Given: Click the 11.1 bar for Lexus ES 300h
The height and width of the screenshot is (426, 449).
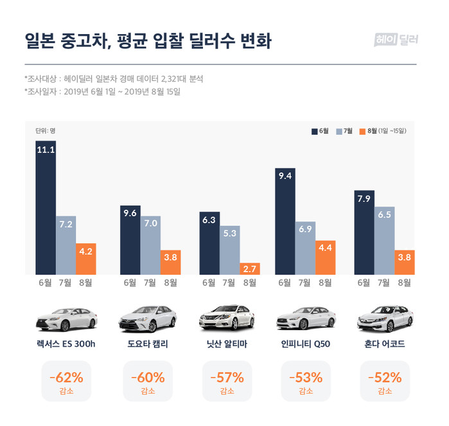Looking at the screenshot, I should coord(46,208).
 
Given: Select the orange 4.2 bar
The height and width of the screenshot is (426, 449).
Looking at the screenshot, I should coord(85,258).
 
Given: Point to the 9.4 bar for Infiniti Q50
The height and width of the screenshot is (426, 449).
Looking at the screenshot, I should coord(285,221).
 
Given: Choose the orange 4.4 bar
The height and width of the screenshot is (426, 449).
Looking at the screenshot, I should coord(325,257).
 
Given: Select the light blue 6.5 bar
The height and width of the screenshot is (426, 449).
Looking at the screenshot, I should coord(384,241).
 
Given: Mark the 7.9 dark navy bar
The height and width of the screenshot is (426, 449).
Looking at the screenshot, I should coord(364,232).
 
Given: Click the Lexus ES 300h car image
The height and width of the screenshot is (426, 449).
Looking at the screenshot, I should coord(66,316).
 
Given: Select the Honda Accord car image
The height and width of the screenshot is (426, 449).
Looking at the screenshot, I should coord(384,316).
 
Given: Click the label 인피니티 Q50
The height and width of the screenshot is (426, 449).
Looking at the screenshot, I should coord(306,344).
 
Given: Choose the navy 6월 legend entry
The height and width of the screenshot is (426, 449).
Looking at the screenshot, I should coord(321,131).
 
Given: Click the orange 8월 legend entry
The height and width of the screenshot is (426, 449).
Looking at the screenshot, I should coord(385,131).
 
